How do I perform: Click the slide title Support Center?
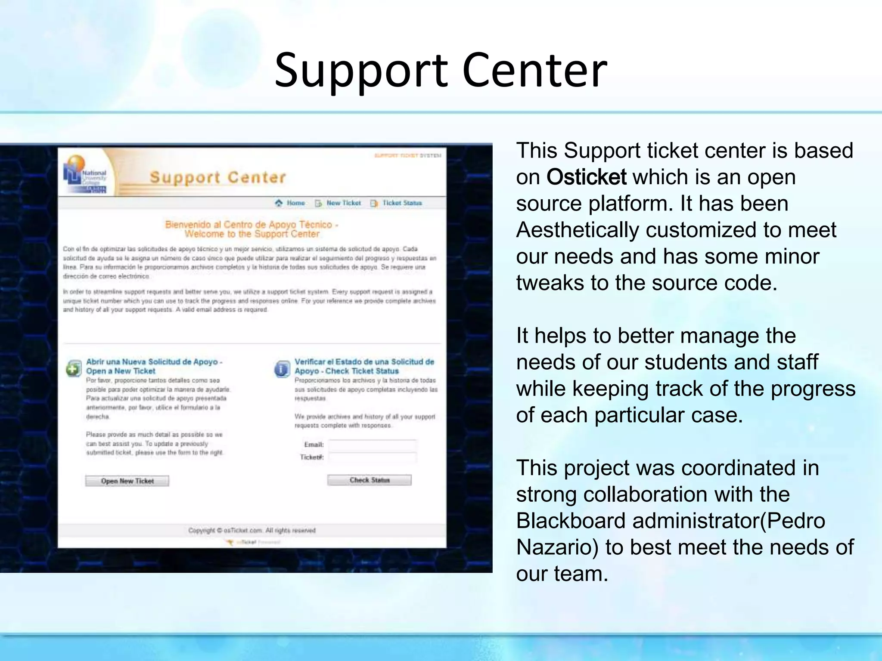(441, 70)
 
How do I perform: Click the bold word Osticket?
(586, 177)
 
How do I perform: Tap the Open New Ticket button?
(127, 481)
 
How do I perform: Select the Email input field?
(372, 445)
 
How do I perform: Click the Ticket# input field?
(372, 457)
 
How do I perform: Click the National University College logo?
(85, 175)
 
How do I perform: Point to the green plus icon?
(74, 368)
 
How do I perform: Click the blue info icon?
(282, 369)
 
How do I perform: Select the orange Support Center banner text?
(217, 177)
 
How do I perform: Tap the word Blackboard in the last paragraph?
(571, 521)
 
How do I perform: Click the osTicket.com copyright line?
(252, 530)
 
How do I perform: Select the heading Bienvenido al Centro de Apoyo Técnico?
(252, 224)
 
